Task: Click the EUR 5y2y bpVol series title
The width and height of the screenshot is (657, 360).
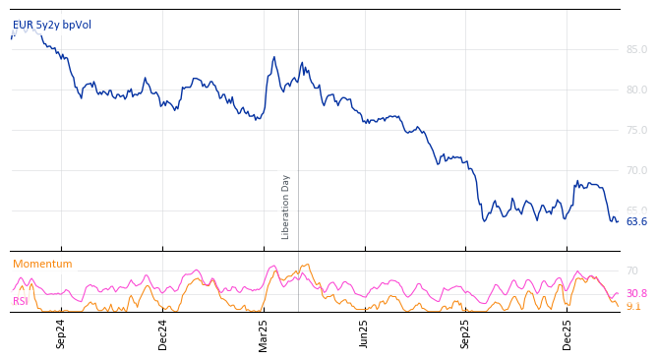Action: click(x=52, y=25)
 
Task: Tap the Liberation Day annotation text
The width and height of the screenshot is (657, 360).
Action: click(x=286, y=207)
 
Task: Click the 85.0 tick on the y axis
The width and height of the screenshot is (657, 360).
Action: click(x=636, y=49)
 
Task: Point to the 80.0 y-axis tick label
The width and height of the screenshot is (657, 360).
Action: click(x=636, y=90)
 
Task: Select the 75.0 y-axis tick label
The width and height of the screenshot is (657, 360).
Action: click(x=636, y=130)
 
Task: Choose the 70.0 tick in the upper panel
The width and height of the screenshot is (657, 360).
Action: click(x=636, y=170)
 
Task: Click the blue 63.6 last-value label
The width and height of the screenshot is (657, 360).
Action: click(x=636, y=221)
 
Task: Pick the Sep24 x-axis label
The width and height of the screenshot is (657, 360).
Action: click(x=61, y=333)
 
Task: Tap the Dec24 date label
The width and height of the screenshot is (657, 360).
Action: click(x=163, y=333)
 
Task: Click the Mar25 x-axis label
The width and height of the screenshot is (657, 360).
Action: click(x=264, y=333)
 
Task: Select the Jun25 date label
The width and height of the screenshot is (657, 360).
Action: click(x=365, y=333)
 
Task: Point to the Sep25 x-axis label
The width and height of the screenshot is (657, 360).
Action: click(x=466, y=333)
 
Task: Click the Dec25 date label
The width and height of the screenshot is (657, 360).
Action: click(x=567, y=333)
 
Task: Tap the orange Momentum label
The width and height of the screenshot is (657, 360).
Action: click(x=42, y=264)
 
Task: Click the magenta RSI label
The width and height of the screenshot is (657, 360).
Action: click(x=21, y=301)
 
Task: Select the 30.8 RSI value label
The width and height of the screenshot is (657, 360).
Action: click(x=636, y=293)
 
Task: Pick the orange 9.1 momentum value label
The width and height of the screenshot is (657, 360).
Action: click(x=633, y=307)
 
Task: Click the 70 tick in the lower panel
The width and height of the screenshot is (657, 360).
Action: click(x=632, y=270)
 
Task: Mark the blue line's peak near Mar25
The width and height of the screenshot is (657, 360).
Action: click(x=274, y=57)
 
